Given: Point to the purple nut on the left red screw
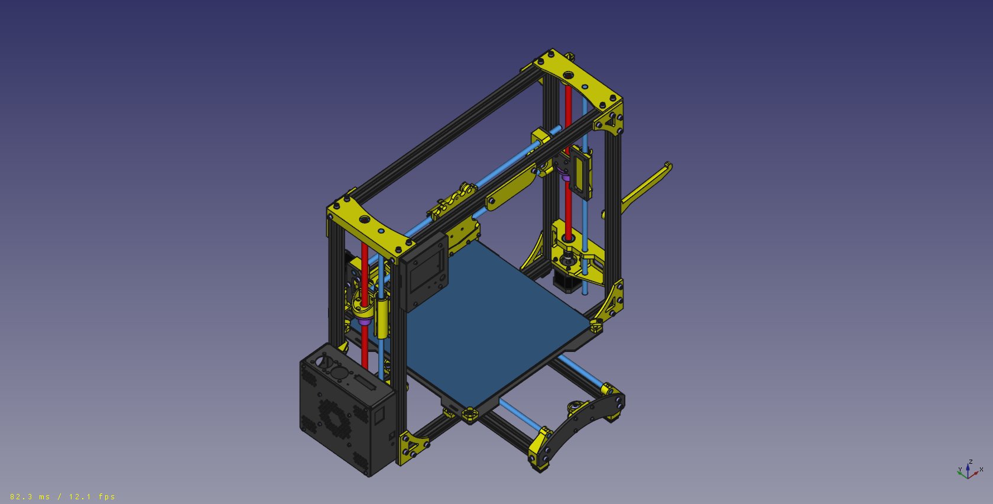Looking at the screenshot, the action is point(364,321).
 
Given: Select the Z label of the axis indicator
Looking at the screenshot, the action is point(971,462).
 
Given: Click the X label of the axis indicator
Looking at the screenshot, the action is point(981,470).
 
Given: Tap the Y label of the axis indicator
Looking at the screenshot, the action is point(960,470).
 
